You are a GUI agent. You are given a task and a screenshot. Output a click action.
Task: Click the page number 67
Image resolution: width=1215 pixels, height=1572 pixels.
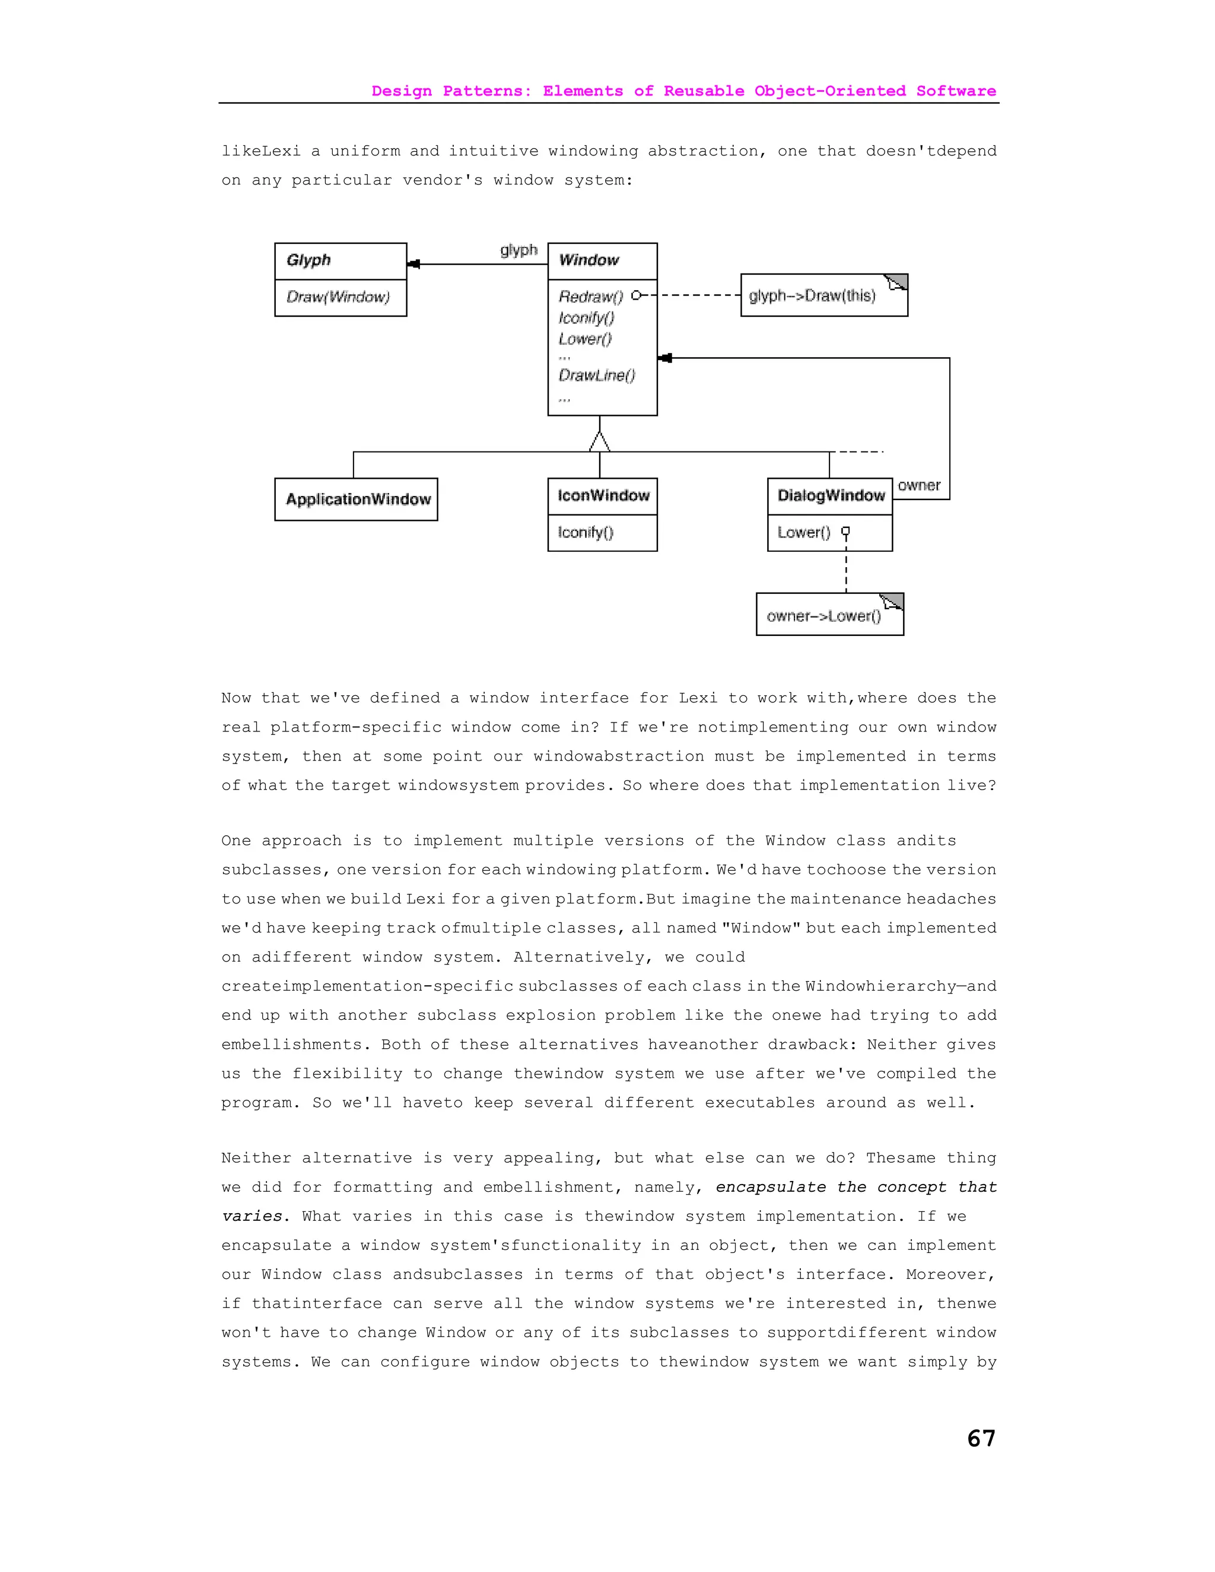pos(981,1438)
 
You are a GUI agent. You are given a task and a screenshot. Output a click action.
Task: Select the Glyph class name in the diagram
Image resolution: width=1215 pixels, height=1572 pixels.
pos(308,260)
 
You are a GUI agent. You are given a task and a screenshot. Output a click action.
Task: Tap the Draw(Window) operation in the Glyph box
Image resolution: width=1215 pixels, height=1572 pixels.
pos(338,297)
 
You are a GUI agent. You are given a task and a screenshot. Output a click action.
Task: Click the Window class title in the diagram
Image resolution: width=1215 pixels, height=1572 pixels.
pos(588,260)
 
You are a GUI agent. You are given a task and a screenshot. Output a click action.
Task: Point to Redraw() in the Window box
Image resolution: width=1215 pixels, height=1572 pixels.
pos(590,296)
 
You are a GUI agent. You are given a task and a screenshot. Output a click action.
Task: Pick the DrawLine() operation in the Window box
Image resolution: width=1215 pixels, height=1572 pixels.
pos(597,375)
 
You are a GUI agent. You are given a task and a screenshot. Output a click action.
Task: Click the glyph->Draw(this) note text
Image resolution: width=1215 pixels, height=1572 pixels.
pos(812,296)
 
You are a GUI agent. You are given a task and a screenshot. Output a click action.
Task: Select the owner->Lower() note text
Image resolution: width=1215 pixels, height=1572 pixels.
pos(823,616)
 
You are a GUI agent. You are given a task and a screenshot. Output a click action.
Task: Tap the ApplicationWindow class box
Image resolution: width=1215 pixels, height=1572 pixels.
pos(357,499)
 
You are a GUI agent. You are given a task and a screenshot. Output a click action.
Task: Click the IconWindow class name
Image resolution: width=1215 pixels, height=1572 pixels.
pos(603,495)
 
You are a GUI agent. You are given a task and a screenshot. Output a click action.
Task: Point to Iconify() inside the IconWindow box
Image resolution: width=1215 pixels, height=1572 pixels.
pos(585,533)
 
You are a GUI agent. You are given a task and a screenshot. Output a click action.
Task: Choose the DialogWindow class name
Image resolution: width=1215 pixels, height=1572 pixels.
pos(831,495)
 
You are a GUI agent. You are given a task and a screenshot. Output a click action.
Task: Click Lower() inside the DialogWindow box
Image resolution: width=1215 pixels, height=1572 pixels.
pos(803,533)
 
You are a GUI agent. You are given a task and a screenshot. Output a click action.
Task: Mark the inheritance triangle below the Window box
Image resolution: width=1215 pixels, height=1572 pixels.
pos(600,441)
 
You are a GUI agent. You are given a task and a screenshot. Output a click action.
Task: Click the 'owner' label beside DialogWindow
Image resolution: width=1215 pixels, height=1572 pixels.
pos(918,485)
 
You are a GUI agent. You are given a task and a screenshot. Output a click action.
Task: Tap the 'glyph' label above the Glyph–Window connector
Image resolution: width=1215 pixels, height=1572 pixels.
pos(519,250)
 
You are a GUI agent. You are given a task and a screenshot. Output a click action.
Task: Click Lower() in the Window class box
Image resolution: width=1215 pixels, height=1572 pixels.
pos(584,339)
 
